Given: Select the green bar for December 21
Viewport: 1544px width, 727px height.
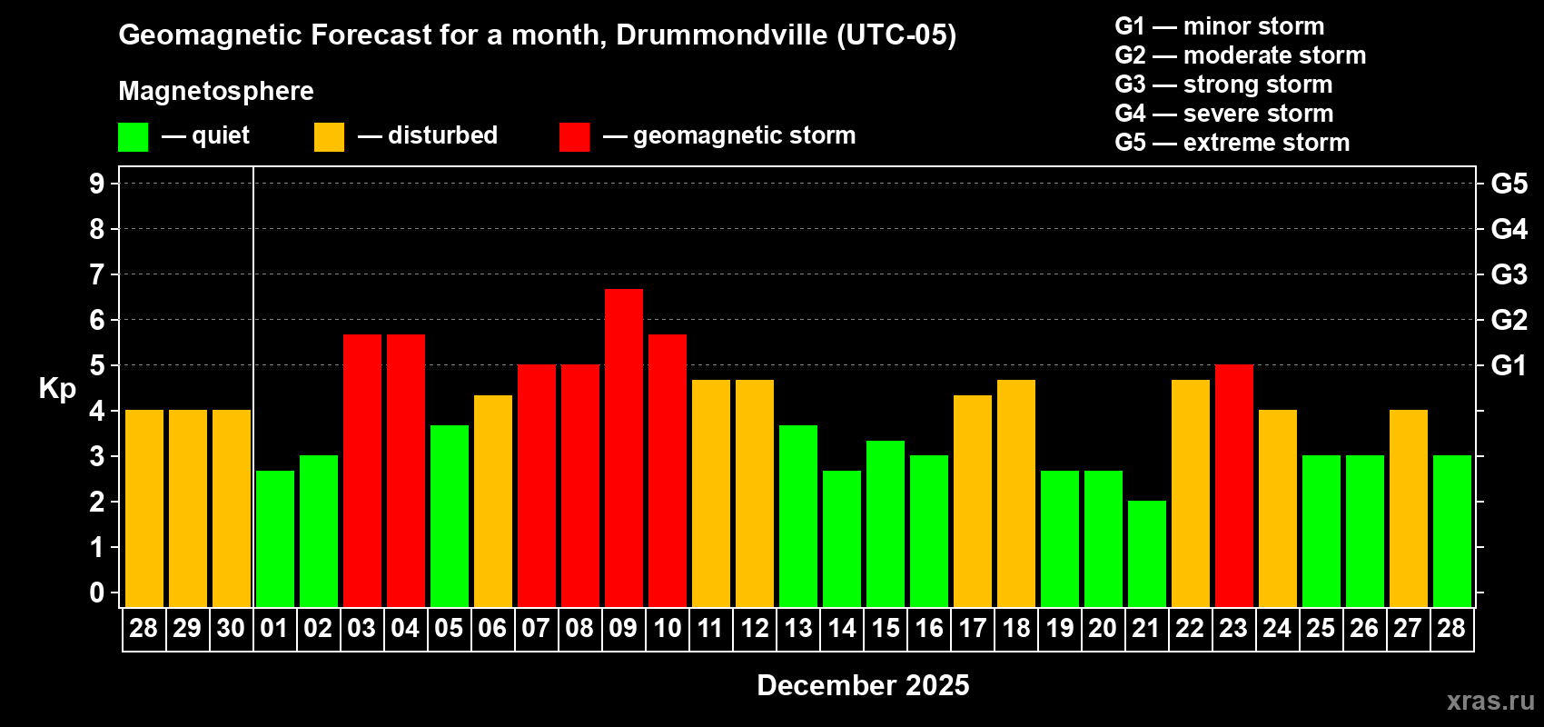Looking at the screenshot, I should click(1147, 553).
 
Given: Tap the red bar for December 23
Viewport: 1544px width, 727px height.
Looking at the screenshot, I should click(1234, 485).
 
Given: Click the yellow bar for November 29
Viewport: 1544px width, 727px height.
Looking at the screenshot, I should click(188, 508).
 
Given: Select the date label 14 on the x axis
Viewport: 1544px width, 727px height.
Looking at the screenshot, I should click(842, 629).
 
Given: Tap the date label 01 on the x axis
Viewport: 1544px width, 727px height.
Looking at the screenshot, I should click(274, 629).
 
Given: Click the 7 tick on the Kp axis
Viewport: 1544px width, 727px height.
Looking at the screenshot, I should click(97, 274).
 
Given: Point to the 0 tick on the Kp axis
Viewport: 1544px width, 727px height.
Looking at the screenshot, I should click(97, 593).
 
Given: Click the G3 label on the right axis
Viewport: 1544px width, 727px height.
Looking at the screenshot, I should click(1509, 274).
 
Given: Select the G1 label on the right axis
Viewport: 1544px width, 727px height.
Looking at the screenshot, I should click(1509, 365).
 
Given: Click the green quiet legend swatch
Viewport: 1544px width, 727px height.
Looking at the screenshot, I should click(134, 137).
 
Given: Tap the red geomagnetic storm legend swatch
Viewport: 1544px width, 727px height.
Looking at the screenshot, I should click(574, 137).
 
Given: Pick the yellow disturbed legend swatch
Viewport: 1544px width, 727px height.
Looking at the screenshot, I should click(329, 137).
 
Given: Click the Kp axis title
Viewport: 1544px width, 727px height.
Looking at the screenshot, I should click(57, 389).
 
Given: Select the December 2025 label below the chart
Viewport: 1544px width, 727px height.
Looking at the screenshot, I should click(863, 685).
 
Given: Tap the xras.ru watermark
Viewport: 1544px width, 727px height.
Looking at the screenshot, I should click(1490, 701).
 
